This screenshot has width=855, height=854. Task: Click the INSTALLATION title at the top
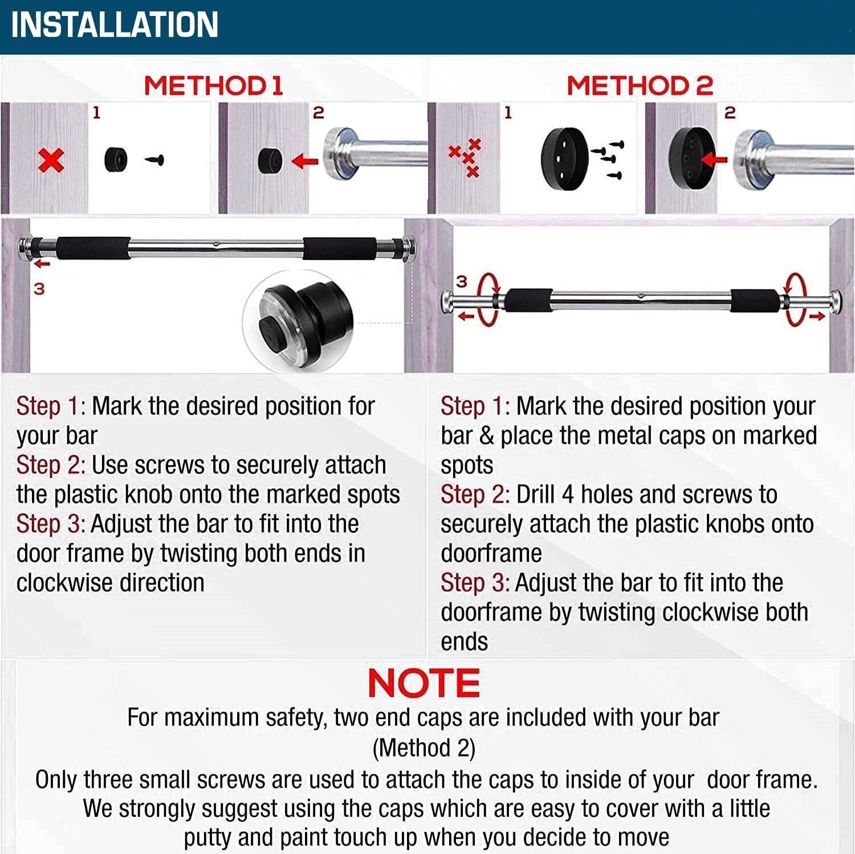coord(115,24)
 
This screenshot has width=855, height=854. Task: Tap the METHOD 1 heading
coord(213,86)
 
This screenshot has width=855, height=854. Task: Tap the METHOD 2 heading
coord(640,86)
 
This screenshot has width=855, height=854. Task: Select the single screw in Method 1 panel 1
coord(154,160)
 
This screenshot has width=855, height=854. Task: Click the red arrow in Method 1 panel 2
coord(305,161)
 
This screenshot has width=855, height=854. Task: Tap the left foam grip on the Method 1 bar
coord(93,248)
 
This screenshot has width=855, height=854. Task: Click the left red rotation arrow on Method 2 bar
coord(487,300)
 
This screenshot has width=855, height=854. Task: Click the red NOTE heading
coord(424,683)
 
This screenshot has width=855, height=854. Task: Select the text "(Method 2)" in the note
coord(424,748)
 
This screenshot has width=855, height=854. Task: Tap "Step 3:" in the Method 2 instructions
coord(475,583)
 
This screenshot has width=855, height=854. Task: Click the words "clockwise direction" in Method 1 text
coord(110,583)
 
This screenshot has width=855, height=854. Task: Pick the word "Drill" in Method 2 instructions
coord(535,495)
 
